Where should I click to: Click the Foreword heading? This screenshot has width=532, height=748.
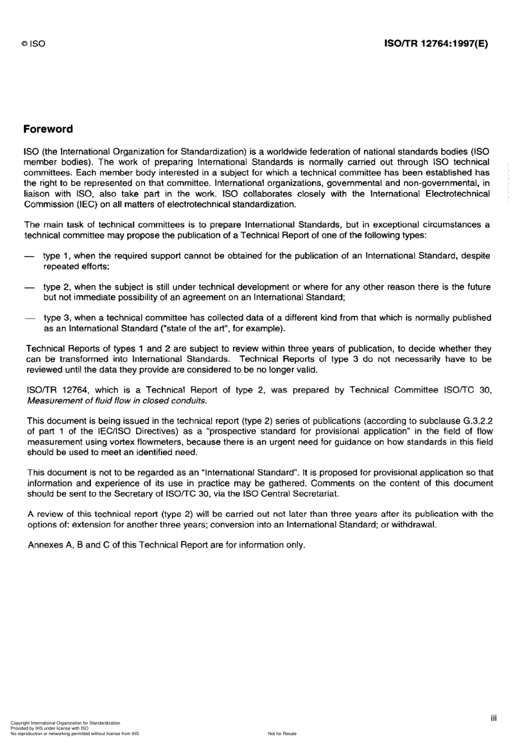[x=48, y=129]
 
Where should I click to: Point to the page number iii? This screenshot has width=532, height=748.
[x=493, y=718]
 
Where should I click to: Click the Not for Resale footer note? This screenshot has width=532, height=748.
[x=282, y=733]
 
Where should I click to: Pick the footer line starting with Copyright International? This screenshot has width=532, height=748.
[x=65, y=723]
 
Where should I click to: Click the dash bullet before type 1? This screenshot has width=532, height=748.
[x=29, y=256]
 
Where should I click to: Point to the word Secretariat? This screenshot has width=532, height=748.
[x=314, y=494]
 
